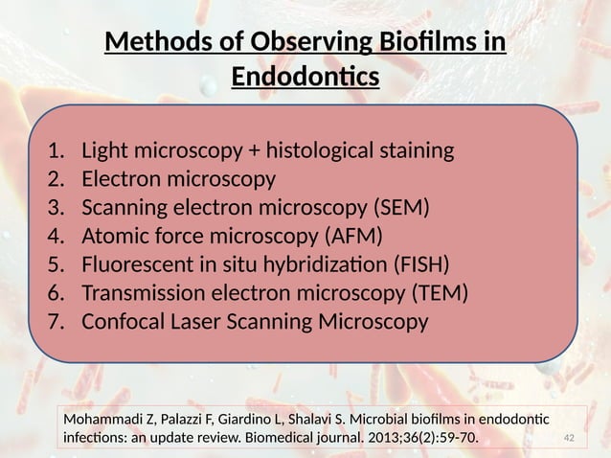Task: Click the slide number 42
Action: [572, 439]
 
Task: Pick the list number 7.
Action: [56, 322]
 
